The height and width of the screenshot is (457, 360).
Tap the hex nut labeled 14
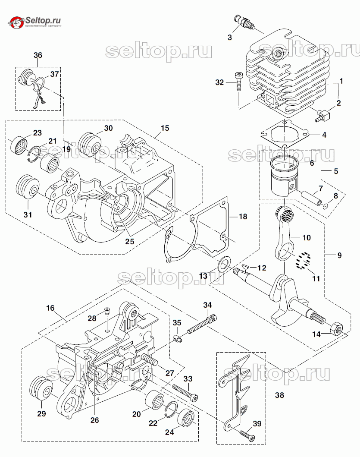tap(336, 329)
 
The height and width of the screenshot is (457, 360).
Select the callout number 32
tap(220, 82)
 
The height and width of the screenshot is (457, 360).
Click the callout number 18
tap(243, 216)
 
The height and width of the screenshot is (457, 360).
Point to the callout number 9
tap(339, 255)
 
